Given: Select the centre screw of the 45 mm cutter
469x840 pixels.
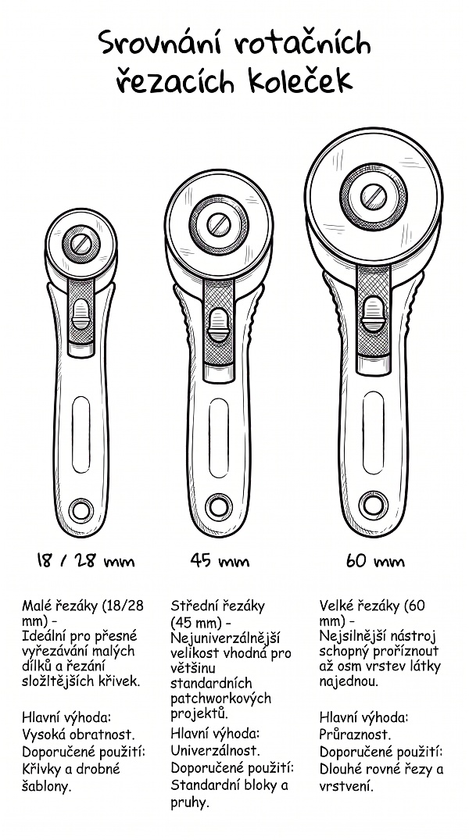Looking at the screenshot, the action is point(218,224).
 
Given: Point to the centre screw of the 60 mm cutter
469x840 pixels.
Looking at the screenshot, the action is point(374,197).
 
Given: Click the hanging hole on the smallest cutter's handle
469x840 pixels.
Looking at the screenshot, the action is point(81,509).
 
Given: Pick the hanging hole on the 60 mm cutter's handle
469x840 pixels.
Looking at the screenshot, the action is point(374,503).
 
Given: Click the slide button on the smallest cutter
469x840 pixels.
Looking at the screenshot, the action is point(81,314).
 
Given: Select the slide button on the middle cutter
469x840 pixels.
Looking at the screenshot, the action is point(218,325).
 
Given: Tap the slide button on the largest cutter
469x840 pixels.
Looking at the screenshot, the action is point(373,315).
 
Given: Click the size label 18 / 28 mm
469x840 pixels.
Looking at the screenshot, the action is point(85,561).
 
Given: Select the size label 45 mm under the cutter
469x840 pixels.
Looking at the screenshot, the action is point(219,560).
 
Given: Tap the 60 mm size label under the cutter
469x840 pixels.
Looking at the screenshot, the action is point(374,561).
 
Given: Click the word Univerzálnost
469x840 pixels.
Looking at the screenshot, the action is point(215,751).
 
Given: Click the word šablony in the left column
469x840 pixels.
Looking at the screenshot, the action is point(47,786).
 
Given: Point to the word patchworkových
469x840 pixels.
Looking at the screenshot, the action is point(221,699).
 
